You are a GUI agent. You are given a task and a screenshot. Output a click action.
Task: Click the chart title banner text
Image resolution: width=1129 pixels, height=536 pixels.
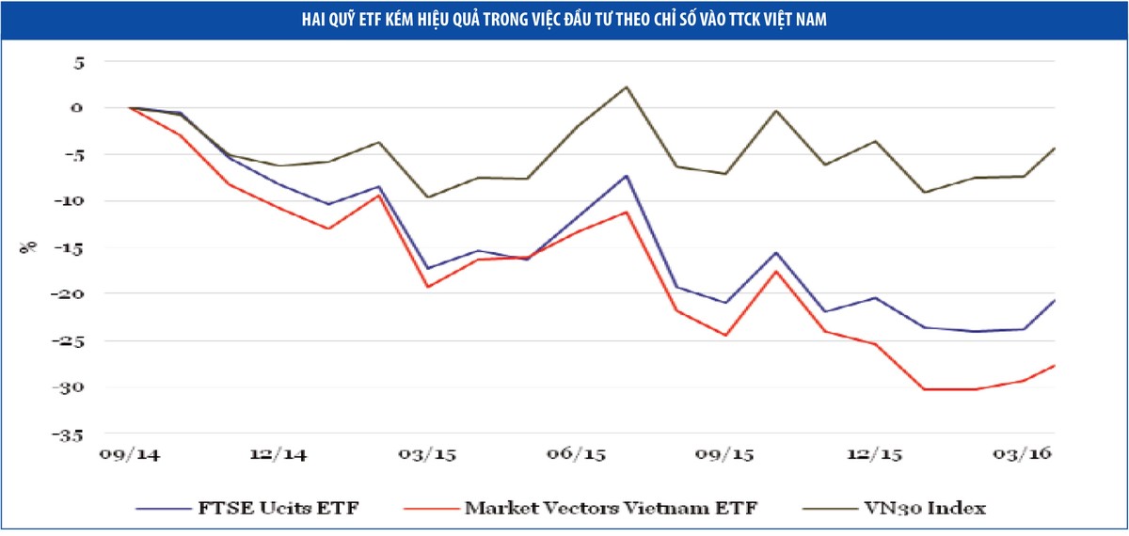(x=564, y=19)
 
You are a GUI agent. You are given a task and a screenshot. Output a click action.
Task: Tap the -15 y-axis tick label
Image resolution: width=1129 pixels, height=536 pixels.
(x=69, y=248)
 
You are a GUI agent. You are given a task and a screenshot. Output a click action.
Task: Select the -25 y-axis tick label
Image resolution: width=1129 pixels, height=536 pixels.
(x=69, y=341)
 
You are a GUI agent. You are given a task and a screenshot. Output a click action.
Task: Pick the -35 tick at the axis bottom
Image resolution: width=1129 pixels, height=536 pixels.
(x=69, y=435)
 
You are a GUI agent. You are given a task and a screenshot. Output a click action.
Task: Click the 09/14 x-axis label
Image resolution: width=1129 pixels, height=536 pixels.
(x=131, y=455)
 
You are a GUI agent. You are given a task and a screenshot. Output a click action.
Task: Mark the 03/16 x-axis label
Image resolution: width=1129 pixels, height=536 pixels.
(x=1023, y=455)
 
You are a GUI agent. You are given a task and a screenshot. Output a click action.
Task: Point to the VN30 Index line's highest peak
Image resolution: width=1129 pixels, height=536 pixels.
(x=627, y=87)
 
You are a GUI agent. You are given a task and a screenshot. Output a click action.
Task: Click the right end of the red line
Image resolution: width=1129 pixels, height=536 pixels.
(x=1054, y=365)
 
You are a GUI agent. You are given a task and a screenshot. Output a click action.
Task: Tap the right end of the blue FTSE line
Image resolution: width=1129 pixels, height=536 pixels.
(x=1054, y=300)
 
